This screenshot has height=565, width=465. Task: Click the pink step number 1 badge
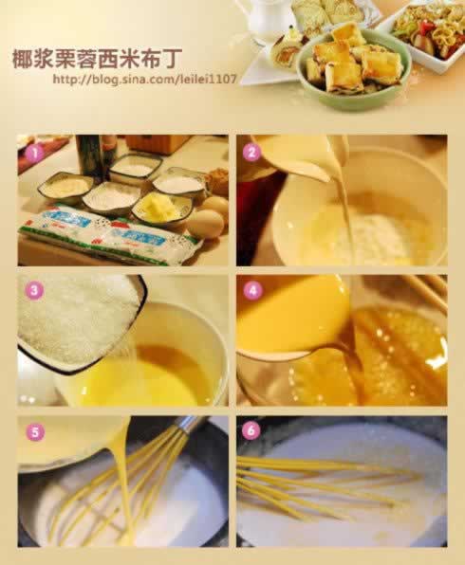click(34, 154)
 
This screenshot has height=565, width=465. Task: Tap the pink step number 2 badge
click(251, 153)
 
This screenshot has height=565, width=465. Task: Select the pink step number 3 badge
click(34, 290)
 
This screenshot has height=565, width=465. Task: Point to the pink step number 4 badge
click(252, 290)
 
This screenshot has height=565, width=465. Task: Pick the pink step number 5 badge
click(35, 432)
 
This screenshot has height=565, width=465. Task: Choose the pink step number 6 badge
click(251, 430)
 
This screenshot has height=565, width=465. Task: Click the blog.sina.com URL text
click(144, 79)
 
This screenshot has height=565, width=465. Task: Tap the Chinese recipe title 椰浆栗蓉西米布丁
click(96, 59)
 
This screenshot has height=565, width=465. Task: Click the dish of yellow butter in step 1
click(161, 207)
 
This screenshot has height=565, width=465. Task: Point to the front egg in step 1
click(206, 224)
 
